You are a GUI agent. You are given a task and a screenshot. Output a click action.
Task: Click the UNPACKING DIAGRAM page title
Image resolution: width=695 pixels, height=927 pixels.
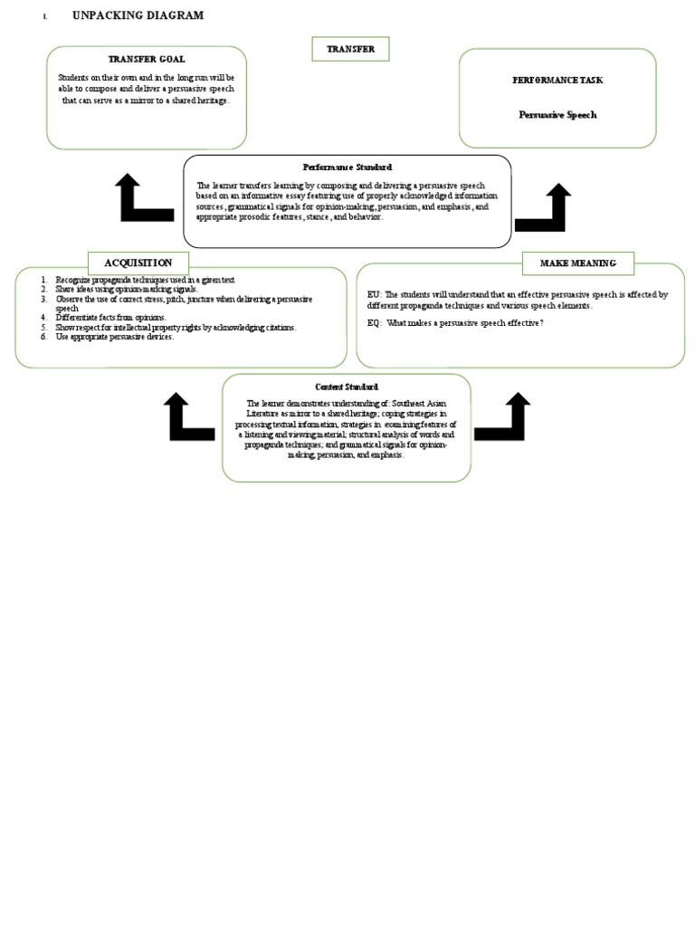coord(138,15)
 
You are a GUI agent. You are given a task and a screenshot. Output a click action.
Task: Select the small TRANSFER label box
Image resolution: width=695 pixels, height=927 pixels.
coord(350,49)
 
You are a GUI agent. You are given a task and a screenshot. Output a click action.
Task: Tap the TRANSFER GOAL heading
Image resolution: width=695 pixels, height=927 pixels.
coord(146,59)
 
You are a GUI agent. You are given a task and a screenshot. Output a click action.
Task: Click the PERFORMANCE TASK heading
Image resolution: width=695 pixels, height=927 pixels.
coord(557,81)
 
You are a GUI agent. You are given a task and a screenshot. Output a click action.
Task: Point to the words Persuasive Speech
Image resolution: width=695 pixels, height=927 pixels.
coord(557,115)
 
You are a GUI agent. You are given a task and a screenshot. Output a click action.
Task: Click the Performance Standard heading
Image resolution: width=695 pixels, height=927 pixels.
coord(347,167)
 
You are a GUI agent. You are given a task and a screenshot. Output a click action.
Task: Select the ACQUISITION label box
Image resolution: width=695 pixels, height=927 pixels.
coord(138,263)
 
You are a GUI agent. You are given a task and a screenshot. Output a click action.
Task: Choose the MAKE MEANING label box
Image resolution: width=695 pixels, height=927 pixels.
coord(578,263)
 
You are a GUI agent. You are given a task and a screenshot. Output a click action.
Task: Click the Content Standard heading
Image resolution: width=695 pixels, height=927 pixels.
coord(347,387)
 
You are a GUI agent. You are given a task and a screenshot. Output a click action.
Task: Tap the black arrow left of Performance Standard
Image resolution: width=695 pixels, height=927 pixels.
coord(143,199)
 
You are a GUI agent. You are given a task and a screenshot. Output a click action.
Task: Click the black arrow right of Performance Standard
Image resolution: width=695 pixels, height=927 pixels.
coord(543,209)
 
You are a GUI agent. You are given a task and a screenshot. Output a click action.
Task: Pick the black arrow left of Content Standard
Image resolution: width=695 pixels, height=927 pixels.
coord(188,417)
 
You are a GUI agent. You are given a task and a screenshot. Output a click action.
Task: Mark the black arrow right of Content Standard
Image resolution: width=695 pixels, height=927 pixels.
coord(503,417)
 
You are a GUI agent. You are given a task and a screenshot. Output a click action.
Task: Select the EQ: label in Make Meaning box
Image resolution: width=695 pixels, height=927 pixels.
coord(375,323)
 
